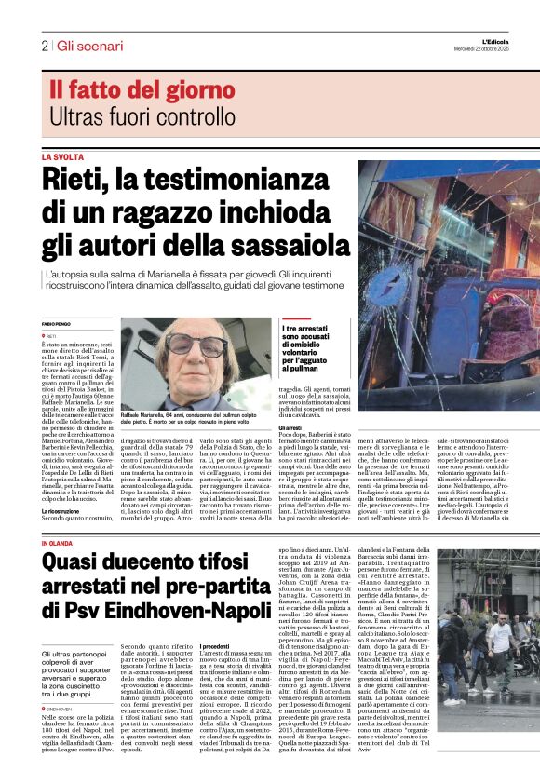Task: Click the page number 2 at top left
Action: tap(44, 45)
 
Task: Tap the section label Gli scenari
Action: tap(83, 45)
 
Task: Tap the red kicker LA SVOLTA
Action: tap(62, 157)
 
